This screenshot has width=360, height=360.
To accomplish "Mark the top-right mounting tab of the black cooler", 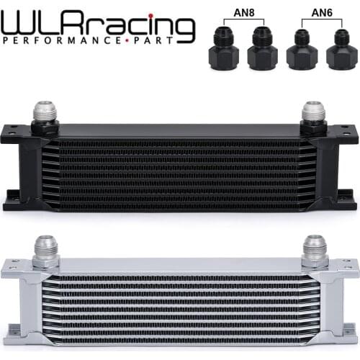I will pos(346,134).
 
